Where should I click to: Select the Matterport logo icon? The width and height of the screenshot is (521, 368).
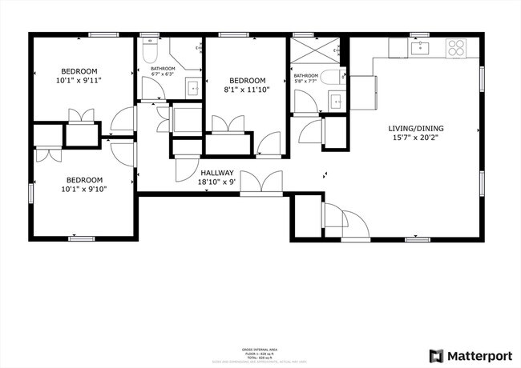437,355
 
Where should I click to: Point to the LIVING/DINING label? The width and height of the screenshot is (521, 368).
416,128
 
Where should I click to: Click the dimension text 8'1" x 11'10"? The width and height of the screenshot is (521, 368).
247,90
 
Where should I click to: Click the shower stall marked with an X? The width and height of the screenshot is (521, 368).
310,53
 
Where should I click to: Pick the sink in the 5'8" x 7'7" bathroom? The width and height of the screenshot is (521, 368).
337,102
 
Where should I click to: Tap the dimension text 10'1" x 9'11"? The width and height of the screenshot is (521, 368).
79,80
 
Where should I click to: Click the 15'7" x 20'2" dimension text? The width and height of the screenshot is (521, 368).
416,138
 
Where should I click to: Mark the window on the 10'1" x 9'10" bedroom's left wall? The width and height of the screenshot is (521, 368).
31,194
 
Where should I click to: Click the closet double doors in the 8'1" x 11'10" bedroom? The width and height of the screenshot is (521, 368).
227,125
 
